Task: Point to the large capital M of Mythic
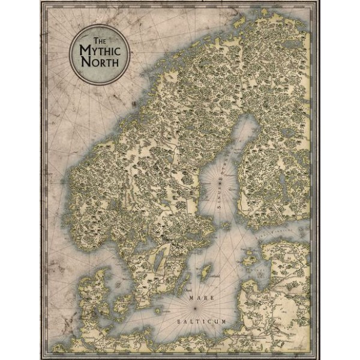84,50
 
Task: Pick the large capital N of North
85,63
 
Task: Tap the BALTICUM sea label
202,322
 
